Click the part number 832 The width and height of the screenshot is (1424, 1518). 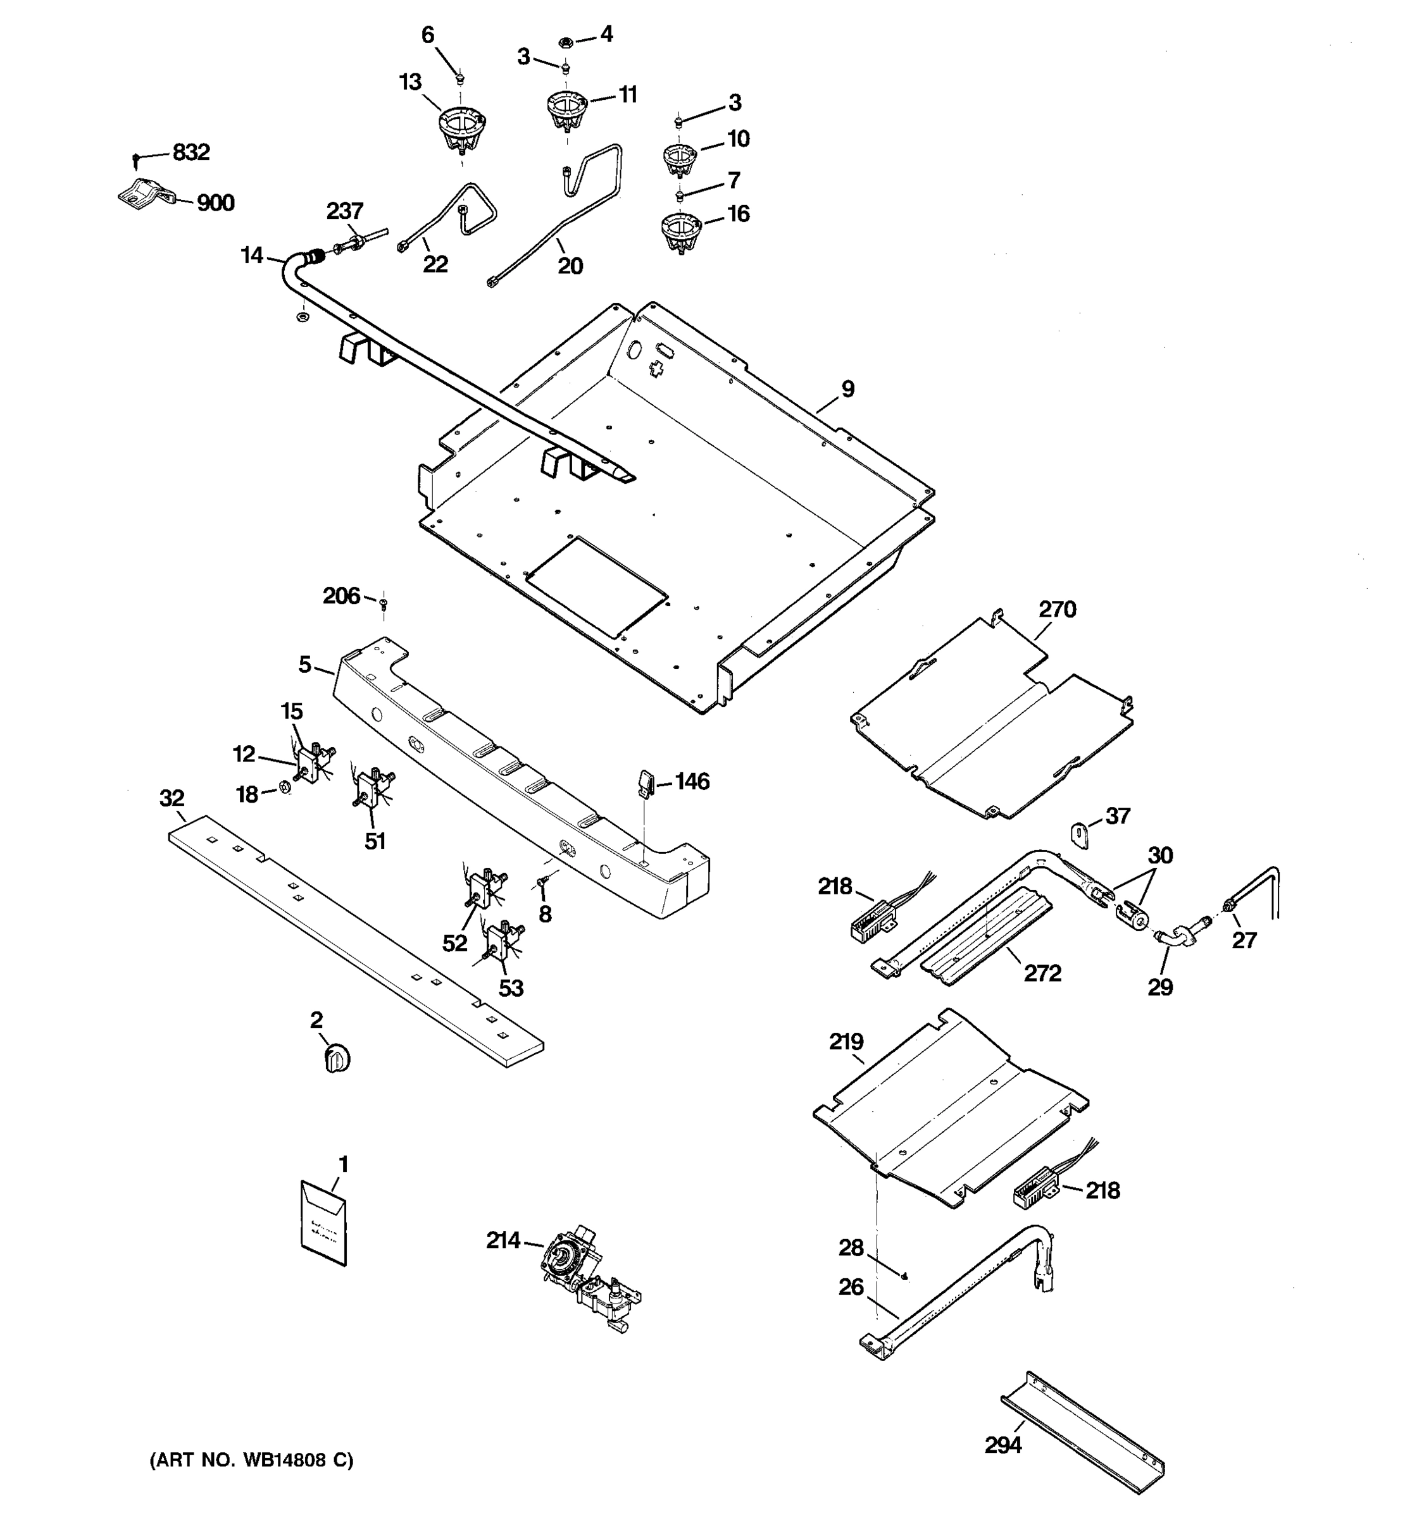pos(191,152)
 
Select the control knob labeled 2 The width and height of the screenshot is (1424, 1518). pos(336,1060)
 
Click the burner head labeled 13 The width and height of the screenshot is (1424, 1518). pos(461,130)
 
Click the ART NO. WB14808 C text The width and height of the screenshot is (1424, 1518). pos(251,1460)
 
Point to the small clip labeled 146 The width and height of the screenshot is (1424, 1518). pos(644,782)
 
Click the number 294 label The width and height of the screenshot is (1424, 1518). pos(1002,1445)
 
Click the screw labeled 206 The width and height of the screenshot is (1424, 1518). pos(384,604)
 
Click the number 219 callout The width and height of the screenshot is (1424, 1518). pos(846,1042)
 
